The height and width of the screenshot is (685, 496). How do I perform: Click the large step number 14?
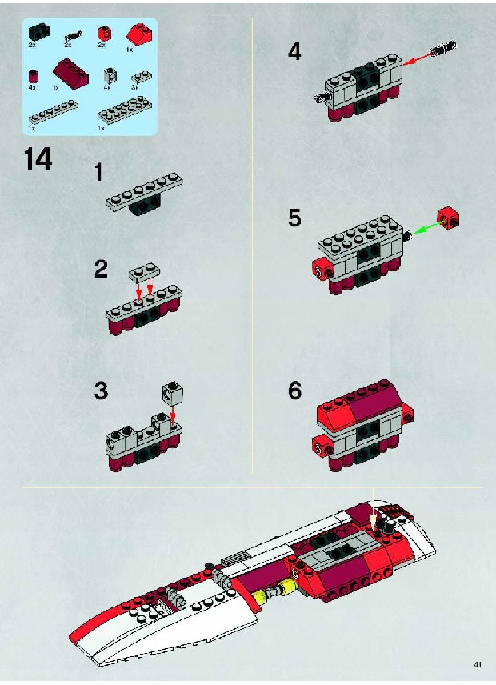pos(38,159)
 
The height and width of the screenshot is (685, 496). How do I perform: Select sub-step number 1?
pos(98,172)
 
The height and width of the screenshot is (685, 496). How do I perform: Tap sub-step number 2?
pos(101,269)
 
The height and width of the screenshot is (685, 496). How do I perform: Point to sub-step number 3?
pos(101,391)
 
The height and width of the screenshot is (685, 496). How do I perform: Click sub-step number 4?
pos(294,52)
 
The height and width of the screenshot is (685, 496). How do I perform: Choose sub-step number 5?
pos(294,218)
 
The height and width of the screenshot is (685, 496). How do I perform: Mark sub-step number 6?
pos(294,391)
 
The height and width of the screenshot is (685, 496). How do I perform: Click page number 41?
pos(478,664)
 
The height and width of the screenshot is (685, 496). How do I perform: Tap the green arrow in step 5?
pos(427,229)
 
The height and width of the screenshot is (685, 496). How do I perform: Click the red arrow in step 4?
pos(416,58)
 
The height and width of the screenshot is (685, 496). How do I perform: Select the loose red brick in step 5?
pos(449,218)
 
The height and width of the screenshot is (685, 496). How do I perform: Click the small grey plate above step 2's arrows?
pos(144,272)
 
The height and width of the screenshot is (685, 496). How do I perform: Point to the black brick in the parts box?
pos(39,32)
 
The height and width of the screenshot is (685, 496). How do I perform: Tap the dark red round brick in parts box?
pos(33,76)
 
